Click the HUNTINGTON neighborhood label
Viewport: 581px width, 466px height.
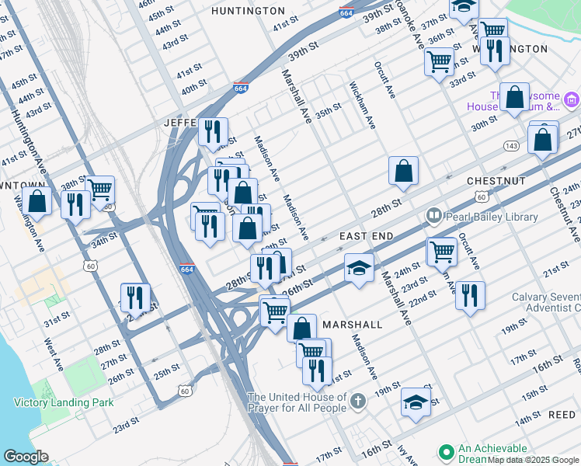[248, 11]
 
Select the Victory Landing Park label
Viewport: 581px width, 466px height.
[64, 402]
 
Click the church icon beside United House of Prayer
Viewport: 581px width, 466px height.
[357, 402]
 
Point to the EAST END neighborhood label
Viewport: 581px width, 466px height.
[367, 235]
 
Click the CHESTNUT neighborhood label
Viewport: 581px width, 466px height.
[496, 180]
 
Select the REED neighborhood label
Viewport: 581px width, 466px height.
[562, 416]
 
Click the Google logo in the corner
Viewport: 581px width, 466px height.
[26, 456]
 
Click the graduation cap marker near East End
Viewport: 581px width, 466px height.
[359, 268]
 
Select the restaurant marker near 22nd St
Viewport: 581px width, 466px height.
[470, 295]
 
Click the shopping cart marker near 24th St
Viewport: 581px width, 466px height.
[442, 251]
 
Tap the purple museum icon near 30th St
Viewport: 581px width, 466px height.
[572, 99]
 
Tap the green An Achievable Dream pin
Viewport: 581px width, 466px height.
[446, 452]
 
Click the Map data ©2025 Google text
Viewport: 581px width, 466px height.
[533, 460]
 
